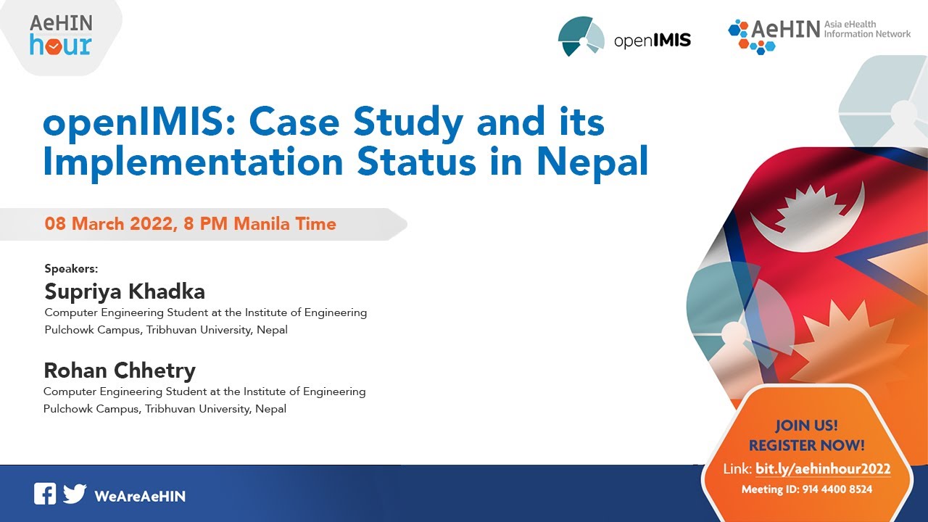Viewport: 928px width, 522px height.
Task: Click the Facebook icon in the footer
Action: pos(45,494)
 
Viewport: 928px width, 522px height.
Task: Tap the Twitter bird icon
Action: pos(74,494)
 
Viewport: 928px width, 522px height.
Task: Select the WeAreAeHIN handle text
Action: pos(140,496)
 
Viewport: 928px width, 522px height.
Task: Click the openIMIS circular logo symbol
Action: pos(581,36)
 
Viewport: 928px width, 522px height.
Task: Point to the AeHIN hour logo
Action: pos(61,35)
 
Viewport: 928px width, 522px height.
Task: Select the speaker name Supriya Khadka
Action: pos(125,291)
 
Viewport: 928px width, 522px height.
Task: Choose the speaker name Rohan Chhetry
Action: pos(120,370)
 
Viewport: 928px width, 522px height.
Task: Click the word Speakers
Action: pos(71,268)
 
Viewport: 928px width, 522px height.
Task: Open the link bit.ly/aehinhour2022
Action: pos(823,469)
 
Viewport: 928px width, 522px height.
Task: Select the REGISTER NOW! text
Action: pos(806,445)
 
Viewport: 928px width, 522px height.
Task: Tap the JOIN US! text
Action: pos(806,426)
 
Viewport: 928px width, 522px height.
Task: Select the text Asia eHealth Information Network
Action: pos(867,29)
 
